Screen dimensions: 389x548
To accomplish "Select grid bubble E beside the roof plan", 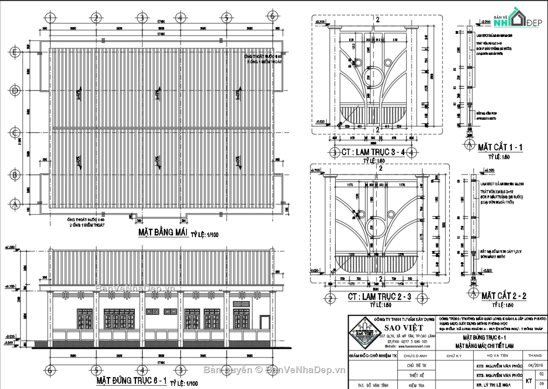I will coord(15,53).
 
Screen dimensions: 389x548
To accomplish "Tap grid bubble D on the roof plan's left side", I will coord(15,91).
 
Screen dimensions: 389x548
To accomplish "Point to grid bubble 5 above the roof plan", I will coord(226,18).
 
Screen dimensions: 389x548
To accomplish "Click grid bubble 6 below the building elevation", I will coord(51,369).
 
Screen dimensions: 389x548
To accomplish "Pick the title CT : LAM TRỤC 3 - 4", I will coord(373,152).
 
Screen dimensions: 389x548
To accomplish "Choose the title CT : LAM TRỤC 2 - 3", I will coord(379,297).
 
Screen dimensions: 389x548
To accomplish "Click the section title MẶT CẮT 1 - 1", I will coord(500,147).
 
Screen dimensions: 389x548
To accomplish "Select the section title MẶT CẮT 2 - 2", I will coord(504,296).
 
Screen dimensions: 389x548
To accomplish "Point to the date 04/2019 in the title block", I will coord(535,365).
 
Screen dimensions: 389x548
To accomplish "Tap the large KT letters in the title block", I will coord(529,380).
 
